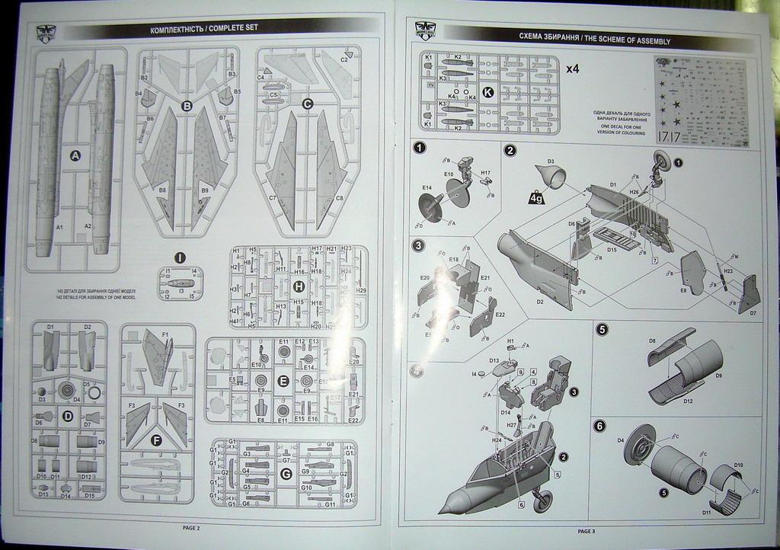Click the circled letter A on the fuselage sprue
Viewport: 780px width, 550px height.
pyautogui.click(x=75, y=155)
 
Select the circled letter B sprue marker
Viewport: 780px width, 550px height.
pyautogui.click(x=187, y=106)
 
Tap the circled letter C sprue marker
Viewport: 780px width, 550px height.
pyautogui.click(x=308, y=104)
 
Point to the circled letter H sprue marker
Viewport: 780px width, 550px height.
pyautogui.click(x=299, y=286)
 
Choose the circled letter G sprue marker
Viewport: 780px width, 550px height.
pyautogui.click(x=286, y=474)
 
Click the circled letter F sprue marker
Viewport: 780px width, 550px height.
pyautogui.click(x=157, y=440)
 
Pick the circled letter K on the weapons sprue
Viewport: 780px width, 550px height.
pyautogui.click(x=488, y=92)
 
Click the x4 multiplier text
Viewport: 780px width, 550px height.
pyautogui.click(x=573, y=69)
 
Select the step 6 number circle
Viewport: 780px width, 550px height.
pyautogui.click(x=600, y=426)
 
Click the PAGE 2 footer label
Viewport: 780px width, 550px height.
pyautogui.click(x=191, y=527)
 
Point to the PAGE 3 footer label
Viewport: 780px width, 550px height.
pyautogui.click(x=587, y=531)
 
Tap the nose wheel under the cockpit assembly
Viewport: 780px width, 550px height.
pyautogui.click(x=542, y=500)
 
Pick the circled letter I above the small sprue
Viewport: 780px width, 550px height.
pyautogui.click(x=180, y=257)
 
